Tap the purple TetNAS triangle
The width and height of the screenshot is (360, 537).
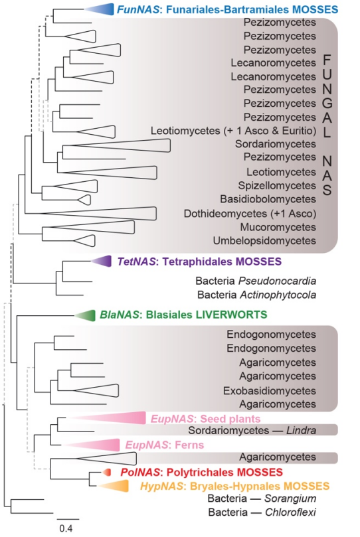[x=103, y=262]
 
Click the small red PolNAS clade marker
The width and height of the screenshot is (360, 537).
[x=107, y=472]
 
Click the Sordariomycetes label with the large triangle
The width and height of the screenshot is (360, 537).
[x=276, y=144]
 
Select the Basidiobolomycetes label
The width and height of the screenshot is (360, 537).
[x=268, y=199]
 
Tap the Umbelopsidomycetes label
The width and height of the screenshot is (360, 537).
[x=264, y=241]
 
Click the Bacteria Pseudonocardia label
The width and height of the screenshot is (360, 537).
[x=256, y=281]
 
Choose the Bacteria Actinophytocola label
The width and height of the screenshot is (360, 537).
[x=256, y=295]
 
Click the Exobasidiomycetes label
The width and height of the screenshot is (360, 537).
[x=270, y=390]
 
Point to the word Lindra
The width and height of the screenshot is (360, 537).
[x=301, y=430]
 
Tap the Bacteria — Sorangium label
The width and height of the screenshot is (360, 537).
[x=262, y=499]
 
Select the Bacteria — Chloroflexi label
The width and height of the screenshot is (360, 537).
[x=262, y=512]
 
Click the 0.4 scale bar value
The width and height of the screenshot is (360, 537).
[x=66, y=528]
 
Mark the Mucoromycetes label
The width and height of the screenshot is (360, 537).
[x=278, y=227]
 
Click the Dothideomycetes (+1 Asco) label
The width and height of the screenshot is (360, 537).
[x=250, y=214]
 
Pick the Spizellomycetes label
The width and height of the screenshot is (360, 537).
[x=277, y=186]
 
